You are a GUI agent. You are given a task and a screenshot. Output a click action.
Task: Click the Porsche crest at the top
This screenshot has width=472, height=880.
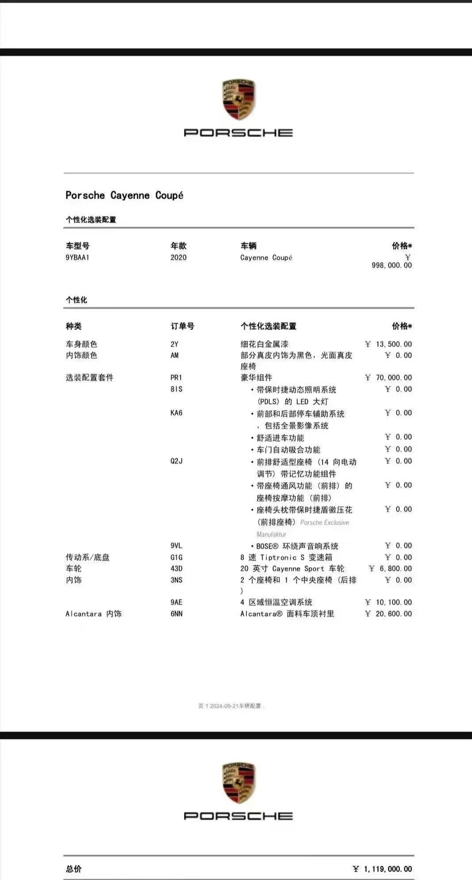click(239, 100)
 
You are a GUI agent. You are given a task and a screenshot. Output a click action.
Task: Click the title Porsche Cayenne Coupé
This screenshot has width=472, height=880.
click(124, 195)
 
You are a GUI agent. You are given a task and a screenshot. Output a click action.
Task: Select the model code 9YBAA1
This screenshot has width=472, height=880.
click(77, 258)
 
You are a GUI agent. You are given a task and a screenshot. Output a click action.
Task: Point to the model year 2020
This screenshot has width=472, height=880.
click(178, 258)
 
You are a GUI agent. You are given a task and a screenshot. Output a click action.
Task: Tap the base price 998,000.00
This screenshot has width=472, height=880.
click(391, 265)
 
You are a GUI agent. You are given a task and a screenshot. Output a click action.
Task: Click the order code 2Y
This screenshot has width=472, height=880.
click(174, 344)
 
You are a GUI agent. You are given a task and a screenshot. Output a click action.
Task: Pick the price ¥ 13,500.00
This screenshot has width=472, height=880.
click(388, 344)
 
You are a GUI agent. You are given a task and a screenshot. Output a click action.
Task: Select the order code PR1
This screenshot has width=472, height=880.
click(176, 378)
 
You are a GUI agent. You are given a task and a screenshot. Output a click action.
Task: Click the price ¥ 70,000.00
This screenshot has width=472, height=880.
click(388, 378)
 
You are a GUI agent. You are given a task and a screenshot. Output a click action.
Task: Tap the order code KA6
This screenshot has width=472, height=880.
click(176, 413)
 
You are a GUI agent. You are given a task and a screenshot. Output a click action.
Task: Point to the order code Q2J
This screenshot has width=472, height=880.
click(176, 461)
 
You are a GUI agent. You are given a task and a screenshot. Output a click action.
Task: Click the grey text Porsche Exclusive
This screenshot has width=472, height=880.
click(324, 523)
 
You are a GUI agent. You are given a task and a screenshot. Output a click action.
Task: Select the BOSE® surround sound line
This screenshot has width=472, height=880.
click(297, 546)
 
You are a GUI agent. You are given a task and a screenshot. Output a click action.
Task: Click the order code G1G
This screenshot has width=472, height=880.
click(176, 557)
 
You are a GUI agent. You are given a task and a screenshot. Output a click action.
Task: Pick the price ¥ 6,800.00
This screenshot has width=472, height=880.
click(390, 568)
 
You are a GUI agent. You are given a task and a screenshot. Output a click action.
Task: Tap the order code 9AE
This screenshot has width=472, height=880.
click(176, 602)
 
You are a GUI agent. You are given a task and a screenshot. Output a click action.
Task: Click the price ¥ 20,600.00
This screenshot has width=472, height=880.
click(388, 614)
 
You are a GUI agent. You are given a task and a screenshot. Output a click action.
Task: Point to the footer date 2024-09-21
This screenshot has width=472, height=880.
click(224, 706)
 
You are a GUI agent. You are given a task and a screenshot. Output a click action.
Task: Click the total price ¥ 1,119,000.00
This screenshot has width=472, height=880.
click(383, 869)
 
